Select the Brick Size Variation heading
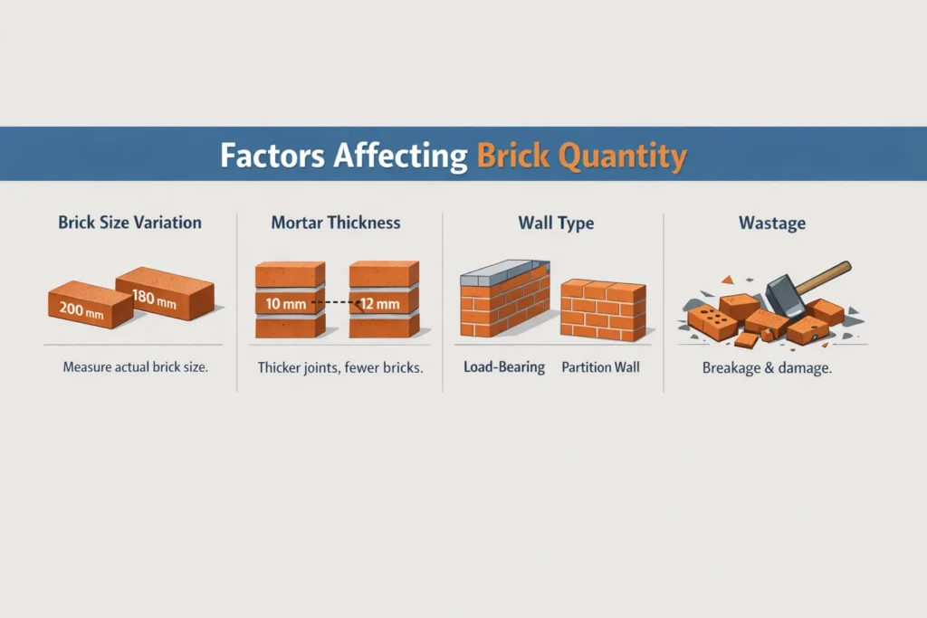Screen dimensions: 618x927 click(x=129, y=223)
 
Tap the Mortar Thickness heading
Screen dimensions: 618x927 click(x=335, y=223)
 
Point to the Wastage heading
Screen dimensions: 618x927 click(x=773, y=223)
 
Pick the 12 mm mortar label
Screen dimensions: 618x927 click(x=379, y=304)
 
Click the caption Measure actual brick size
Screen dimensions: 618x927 click(x=135, y=368)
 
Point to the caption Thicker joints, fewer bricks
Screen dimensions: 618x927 click(x=339, y=368)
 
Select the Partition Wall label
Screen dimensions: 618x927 click(x=600, y=368)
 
